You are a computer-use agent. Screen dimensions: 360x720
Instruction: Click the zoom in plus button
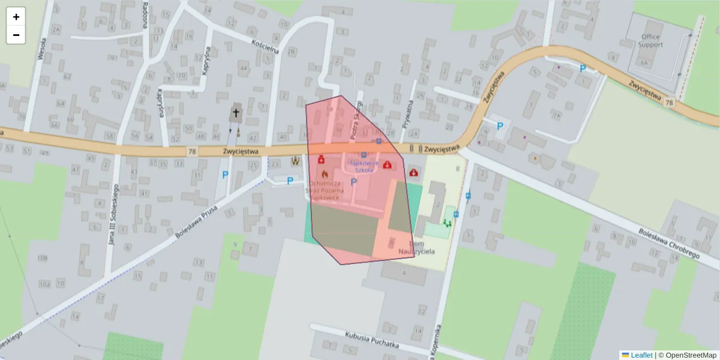[16, 17]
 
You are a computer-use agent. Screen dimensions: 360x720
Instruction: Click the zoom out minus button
[16, 35]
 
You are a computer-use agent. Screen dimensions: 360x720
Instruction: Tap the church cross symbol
[236, 113]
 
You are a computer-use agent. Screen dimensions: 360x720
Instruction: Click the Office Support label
[650, 41]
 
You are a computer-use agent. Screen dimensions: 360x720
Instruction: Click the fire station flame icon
[325, 173]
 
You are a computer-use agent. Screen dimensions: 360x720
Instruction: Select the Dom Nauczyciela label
[411, 247]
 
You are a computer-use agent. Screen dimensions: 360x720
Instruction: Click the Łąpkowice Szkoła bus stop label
[364, 166]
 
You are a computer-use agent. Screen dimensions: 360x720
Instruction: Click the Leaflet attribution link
[641, 355]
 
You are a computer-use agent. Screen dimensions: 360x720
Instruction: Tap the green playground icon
[446, 223]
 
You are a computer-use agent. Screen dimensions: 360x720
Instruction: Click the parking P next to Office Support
[582, 68]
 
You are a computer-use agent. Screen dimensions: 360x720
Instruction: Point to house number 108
[42, 258]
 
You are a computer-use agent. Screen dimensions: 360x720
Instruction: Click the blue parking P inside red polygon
[353, 181]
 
